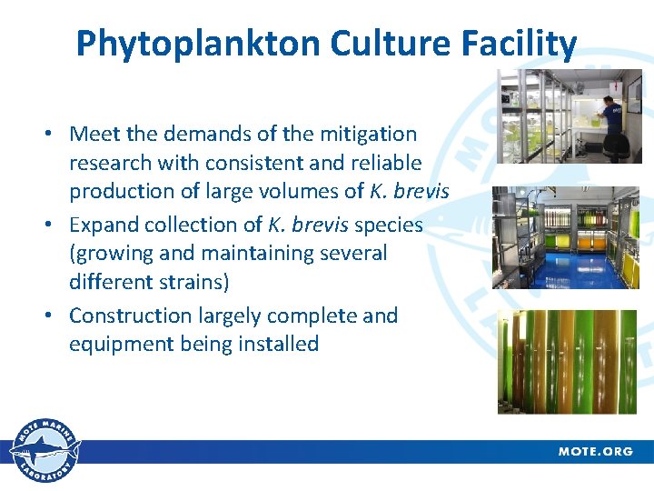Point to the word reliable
[x=383, y=163]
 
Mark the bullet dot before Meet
[x=55, y=135]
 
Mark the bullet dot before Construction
[x=55, y=316]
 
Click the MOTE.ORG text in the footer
[x=595, y=451]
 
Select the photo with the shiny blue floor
[x=564, y=238]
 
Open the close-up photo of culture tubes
[x=567, y=361]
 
